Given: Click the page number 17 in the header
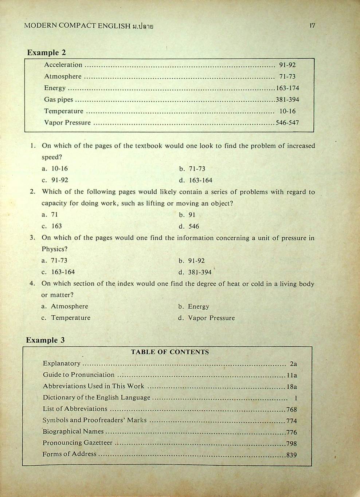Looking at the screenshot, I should click(312, 25).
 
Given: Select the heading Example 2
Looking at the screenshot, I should click(46, 52).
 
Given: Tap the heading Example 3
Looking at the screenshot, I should click(45, 340).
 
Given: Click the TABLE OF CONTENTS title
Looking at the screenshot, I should click(170, 352).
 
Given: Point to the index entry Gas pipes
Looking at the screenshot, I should click(58, 99).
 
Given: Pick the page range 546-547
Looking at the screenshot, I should click(287, 123).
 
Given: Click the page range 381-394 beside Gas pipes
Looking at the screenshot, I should click(287, 99).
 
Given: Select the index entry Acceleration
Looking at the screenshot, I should click(63, 65).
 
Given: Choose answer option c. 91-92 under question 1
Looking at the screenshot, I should click(55, 180).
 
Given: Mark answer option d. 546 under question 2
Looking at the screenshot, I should click(189, 226).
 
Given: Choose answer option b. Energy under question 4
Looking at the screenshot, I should click(194, 307).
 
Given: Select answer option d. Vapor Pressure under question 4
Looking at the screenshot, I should click(207, 318).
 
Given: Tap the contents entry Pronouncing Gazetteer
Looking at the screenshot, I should click(78, 443).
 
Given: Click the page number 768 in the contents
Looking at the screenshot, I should click(291, 409).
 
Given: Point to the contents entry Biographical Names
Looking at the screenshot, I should click(73, 431).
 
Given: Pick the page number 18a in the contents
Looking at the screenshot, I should click(292, 387).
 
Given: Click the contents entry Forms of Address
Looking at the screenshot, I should click(70, 454).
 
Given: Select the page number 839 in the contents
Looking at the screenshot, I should click(291, 455).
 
